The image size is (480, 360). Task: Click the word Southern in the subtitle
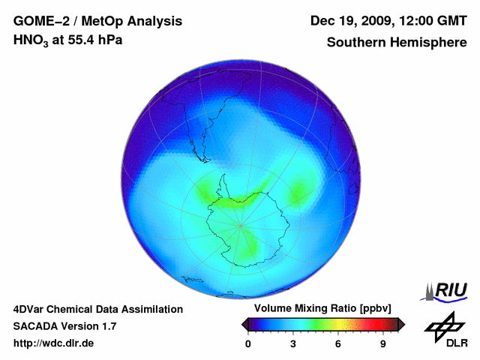(354, 42)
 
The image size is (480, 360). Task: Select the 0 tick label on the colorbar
(248, 344)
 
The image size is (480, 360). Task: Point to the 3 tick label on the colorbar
(293, 344)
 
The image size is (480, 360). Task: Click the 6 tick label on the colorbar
(338, 344)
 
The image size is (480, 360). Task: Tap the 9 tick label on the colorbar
(382, 344)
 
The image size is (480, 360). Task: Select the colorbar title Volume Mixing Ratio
(308, 309)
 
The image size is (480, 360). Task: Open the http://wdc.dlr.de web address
(54, 343)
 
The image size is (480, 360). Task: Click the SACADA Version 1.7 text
(64, 326)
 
